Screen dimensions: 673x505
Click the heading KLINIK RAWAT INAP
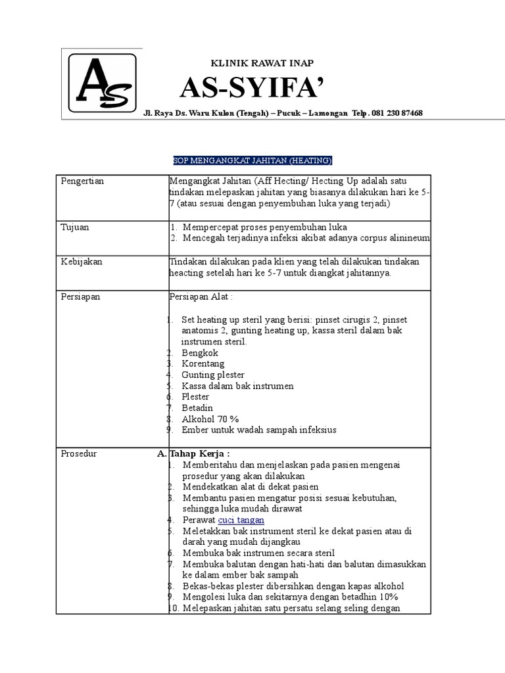(261, 63)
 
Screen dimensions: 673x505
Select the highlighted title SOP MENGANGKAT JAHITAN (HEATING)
(252, 160)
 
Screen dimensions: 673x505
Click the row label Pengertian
(82, 181)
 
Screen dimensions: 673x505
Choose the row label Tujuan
(75, 227)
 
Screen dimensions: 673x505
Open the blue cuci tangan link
(241, 519)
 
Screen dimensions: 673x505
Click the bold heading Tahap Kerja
(200, 453)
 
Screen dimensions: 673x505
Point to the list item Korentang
(203, 363)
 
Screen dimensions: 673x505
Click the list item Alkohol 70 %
(210, 419)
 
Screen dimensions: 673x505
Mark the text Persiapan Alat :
(201, 296)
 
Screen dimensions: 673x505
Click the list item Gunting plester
(213, 375)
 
